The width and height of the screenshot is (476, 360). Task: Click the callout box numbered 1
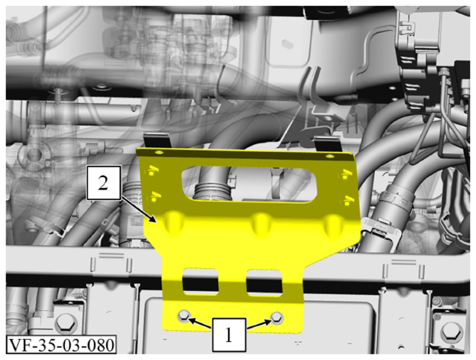click(229, 335)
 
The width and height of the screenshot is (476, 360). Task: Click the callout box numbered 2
click(103, 183)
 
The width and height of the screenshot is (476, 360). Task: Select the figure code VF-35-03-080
click(61, 345)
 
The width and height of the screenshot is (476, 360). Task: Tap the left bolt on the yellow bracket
click(184, 316)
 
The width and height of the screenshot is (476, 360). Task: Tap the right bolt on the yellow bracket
click(277, 318)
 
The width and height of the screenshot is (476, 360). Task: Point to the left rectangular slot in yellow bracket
click(200, 282)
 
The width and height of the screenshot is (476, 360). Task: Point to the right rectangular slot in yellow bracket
click(264, 282)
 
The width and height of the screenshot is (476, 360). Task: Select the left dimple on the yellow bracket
click(173, 223)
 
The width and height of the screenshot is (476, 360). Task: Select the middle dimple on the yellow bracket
click(260, 224)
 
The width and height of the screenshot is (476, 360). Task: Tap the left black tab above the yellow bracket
click(156, 141)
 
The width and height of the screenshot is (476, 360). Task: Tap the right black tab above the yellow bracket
click(327, 144)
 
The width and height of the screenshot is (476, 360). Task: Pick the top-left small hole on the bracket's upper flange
click(159, 151)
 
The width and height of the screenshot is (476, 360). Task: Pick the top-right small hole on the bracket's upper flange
click(329, 156)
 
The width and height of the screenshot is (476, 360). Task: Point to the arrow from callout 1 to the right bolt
click(258, 325)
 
